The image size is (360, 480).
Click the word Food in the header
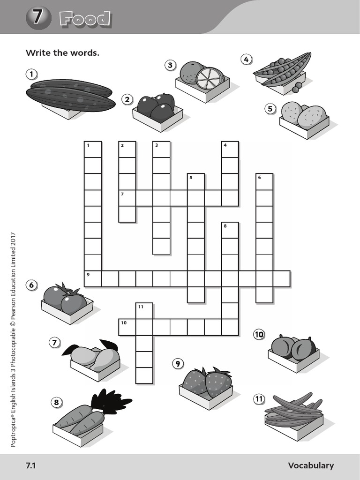pos(85,19)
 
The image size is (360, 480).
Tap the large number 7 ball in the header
pos(38,18)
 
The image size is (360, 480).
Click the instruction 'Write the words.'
pos(62,52)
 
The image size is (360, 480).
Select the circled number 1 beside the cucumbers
pos(31,74)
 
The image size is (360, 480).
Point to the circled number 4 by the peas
pos(246,59)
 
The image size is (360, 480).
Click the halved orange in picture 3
pos(210,79)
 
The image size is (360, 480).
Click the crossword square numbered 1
pos(93,150)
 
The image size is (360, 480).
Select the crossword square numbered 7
pos(127,198)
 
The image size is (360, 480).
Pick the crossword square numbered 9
pos(93,278)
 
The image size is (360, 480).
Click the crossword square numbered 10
pos(127,327)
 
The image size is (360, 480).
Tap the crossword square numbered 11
pos(144,311)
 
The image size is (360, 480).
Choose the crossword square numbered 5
pos(195,182)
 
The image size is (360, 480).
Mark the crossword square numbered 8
pos(230,230)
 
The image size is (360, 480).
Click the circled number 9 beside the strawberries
pos(178,364)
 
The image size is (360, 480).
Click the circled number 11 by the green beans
pos(259,398)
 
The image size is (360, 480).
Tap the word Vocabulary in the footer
pos(311,465)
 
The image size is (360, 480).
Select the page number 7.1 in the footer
pos(31,465)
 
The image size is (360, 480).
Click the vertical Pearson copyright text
pos(13,340)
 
